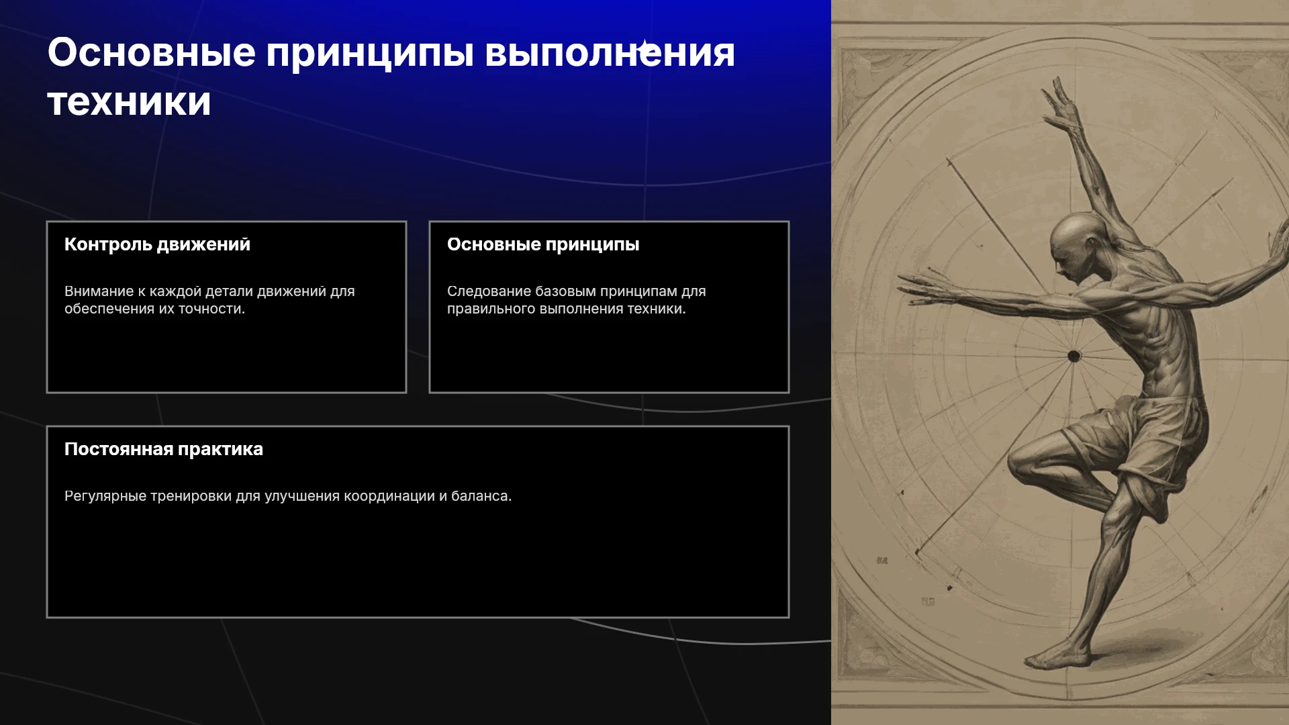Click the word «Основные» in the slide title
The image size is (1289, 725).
tap(152, 52)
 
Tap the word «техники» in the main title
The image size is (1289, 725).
tap(130, 102)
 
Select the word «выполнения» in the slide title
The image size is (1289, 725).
tap(610, 52)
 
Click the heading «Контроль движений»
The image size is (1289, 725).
tap(157, 244)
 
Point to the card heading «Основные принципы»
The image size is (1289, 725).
tap(543, 244)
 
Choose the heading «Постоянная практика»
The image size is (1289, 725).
tap(164, 449)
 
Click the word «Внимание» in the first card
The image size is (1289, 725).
tap(99, 291)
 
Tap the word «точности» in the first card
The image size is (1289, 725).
tap(211, 309)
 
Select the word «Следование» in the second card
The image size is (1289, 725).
tap(489, 291)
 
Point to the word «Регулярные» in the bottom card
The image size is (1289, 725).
tap(105, 496)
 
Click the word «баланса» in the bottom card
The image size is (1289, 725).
tap(481, 496)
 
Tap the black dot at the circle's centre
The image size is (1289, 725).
tap(1074, 356)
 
